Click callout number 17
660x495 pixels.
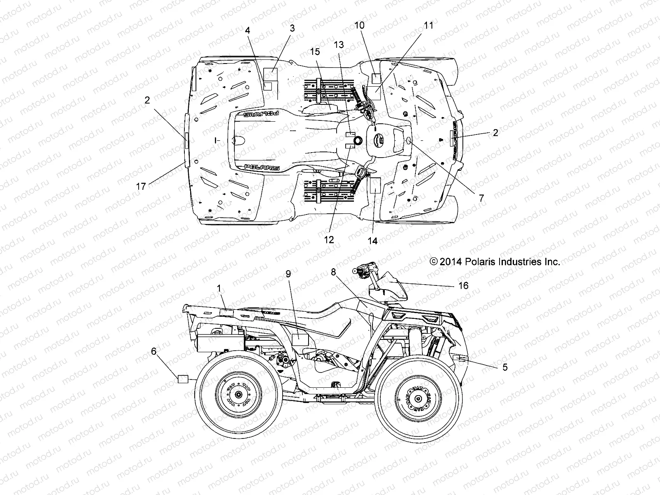[x=141, y=186]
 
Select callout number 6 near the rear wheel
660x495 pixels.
[x=154, y=351]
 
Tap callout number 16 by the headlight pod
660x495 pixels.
[x=464, y=285]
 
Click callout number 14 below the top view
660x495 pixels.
[x=372, y=241]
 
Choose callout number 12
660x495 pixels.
[x=329, y=239]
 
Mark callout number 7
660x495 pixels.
[x=481, y=198]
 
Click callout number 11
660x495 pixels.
[x=429, y=26]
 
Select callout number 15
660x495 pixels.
[x=315, y=52]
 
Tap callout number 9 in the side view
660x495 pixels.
[x=288, y=273]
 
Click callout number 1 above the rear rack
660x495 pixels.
[x=219, y=288]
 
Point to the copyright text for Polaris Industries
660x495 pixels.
[x=495, y=262]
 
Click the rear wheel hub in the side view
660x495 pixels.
[x=238, y=394]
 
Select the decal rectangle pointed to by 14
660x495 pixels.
[x=375, y=186]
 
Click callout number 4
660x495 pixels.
[x=248, y=30]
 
